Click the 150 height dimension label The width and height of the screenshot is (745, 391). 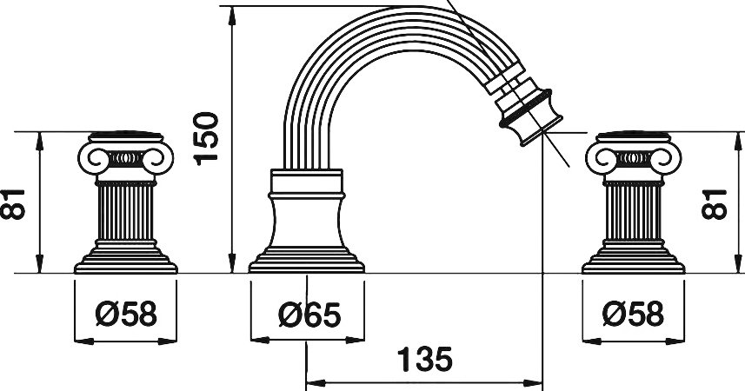tap(206, 139)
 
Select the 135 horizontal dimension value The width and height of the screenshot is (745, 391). tap(424, 359)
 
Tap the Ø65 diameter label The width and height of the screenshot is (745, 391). tap(309, 315)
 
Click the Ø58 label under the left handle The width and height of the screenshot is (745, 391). tap(126, 314)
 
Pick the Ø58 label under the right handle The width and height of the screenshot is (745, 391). tap(634, 314)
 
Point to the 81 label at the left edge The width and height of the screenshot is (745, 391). tap(12, 204)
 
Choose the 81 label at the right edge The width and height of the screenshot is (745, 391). tap(714, 204)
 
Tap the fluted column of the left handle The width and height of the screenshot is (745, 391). tap(125, 212)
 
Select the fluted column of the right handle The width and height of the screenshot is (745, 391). tap(634, 212)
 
